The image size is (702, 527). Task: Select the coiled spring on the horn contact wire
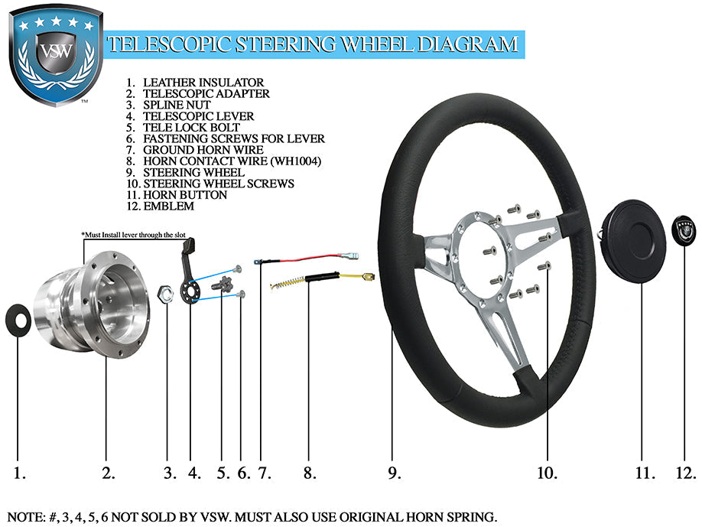click(x=284, y=285)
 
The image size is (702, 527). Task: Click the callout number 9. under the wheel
click(x=394, y=473)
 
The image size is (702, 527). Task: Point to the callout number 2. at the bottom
click(x=109, y=473)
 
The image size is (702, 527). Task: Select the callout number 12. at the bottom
click(x=684, y=473)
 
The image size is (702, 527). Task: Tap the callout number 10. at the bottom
click(x=547, y=473)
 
